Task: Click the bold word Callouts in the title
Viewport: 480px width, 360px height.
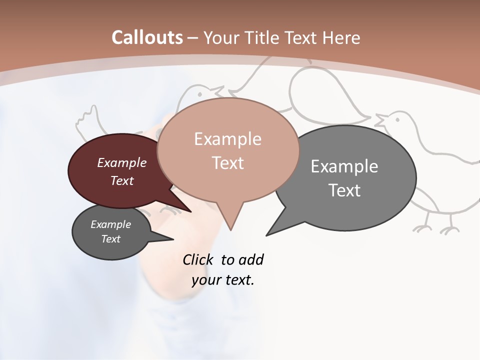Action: (x=147, y=37)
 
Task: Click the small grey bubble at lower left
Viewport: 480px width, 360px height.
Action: (x=111, y=232)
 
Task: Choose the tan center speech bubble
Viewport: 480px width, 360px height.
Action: (x=228, y=150)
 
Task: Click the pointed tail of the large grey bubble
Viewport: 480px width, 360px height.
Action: (x=268, y=234)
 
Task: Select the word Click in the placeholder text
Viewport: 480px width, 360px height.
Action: (x=199, y=259)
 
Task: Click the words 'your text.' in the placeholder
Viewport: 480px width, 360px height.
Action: (x=223, y=280)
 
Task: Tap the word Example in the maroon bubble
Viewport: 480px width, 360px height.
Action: (x=122, y=163)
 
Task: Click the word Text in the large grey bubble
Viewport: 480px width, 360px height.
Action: (x=344, y=190)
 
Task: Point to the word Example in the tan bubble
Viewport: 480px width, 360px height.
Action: (x=228, y=139)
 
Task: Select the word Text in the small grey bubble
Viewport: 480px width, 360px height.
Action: (x=111, y=239)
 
